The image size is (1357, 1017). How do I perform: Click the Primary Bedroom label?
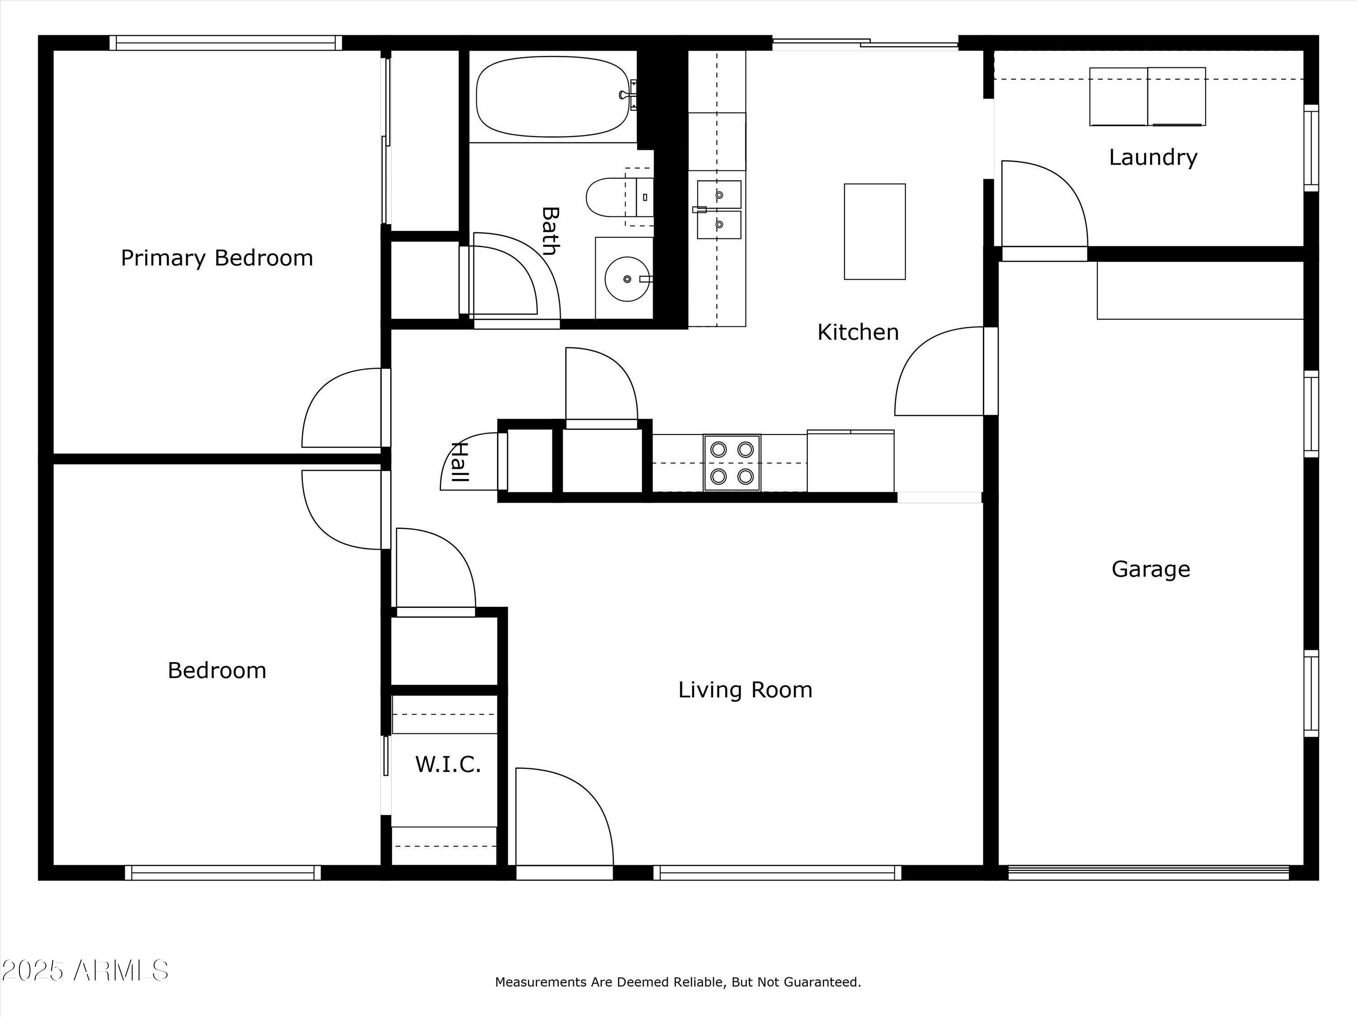pyautogui.click(x=217, y=258)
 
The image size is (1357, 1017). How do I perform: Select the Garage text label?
pyautogui.click(x=1151, y=570)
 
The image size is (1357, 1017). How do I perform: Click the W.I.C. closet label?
pyautogui.click(x=448, y=764)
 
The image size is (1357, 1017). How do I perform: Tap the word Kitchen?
pyautogui.click(x=858, y=332)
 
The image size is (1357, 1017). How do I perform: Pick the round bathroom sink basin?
pyautogui.click(x=627, y=279)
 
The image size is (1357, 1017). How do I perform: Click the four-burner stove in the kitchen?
pyautogui.click(x=732, y=463)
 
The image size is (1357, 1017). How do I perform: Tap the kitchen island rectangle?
pyautogui.click(x=875, y=232)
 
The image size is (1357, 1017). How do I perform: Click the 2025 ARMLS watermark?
pyautogui.click(x=85, y=970)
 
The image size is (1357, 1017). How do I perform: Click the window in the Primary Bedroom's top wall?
pyautogui.click(x=226, y=43)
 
